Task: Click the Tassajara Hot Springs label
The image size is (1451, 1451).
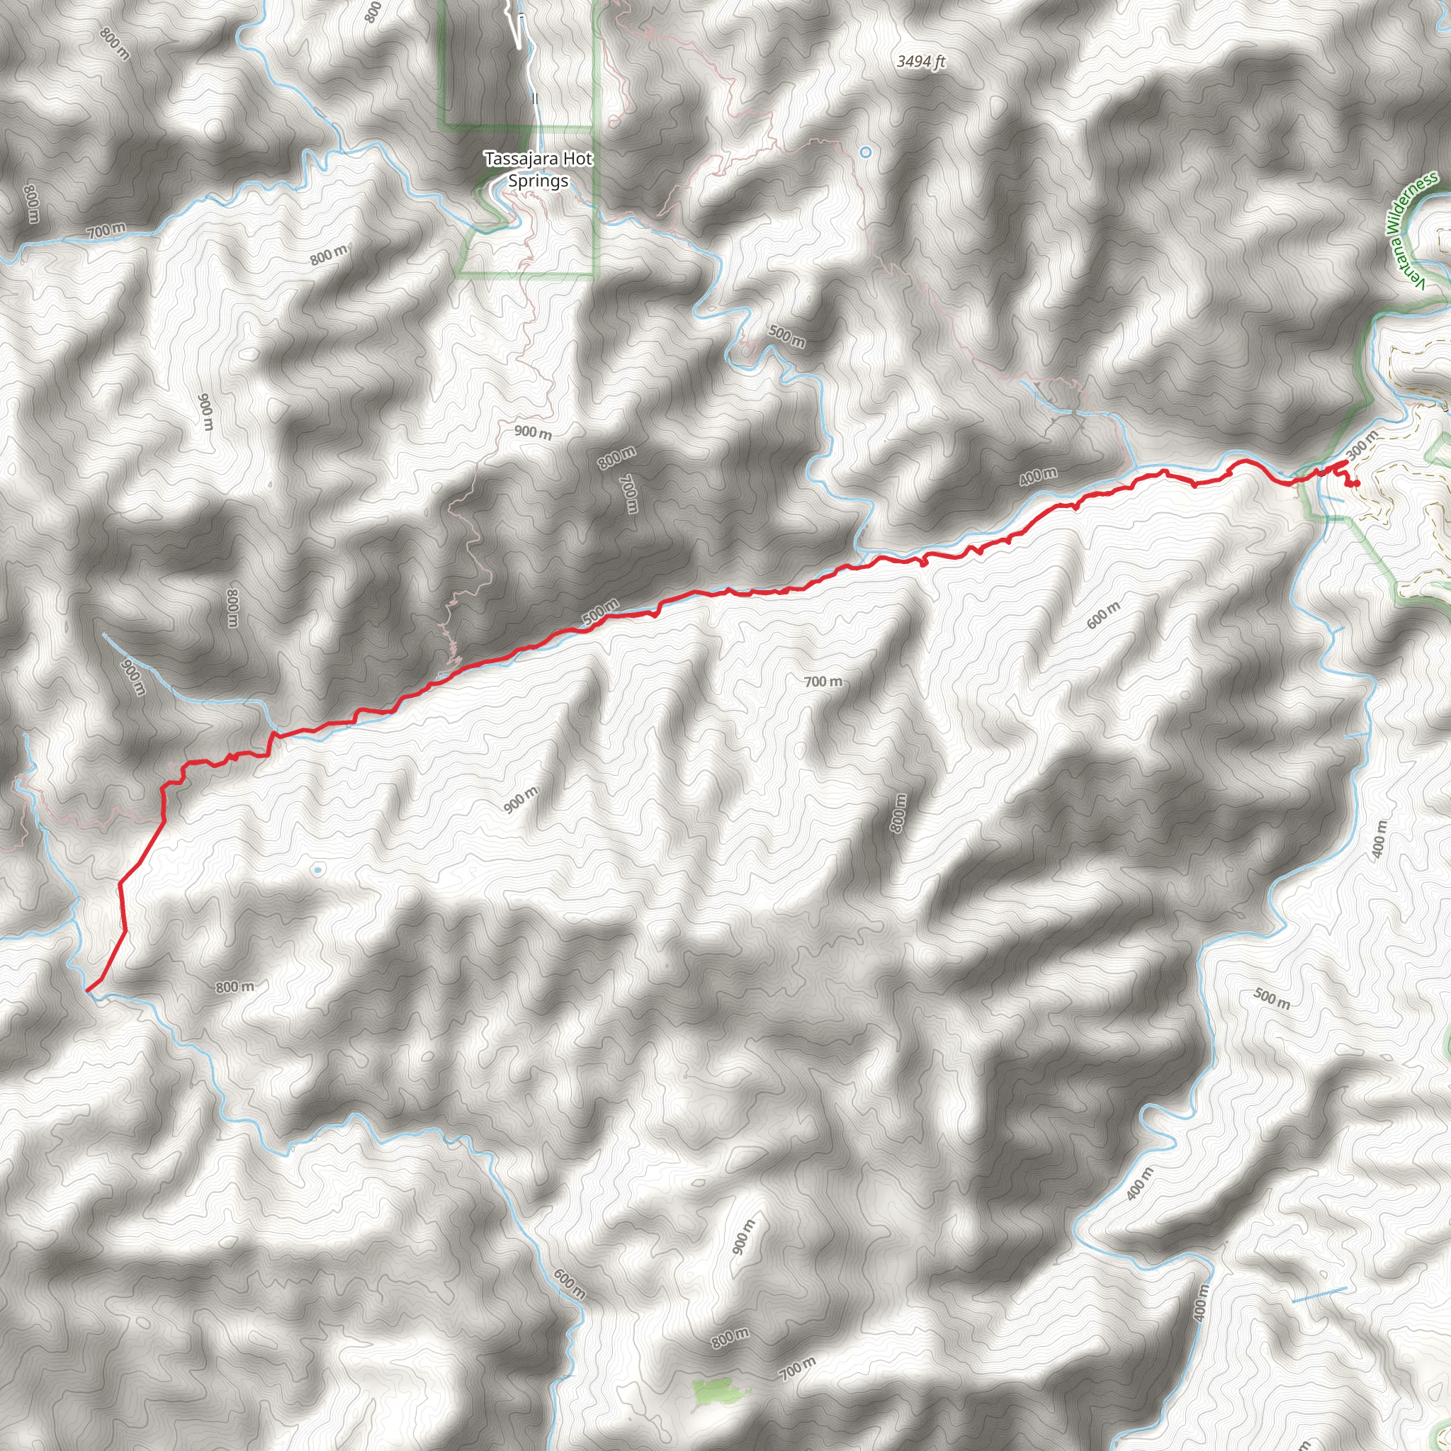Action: [538, 169]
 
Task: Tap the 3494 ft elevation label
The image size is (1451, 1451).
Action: [921, 62]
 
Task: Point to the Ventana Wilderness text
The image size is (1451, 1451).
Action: [1411, 229]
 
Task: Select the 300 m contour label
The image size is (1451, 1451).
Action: [1362, 445]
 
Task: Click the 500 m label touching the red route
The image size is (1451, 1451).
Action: [600, 612]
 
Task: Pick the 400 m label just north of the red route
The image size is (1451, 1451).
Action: [1038, 476]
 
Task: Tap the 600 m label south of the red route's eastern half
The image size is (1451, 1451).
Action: [1102, 614]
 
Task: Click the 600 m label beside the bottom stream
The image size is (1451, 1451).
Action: [570, 1285]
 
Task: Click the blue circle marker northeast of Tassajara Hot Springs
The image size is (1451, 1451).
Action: [865, 152]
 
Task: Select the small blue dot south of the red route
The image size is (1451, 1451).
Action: [317, 870]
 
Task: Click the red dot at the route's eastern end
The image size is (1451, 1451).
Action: [1356, 483]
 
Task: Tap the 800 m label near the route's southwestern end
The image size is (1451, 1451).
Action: [235, 987]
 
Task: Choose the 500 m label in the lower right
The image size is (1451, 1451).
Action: [1272, 998]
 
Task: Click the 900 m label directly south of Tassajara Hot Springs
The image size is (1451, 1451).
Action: [533, 433]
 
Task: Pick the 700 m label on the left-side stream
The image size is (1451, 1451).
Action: [106, 231]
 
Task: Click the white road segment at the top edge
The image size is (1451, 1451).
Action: [520, 30]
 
